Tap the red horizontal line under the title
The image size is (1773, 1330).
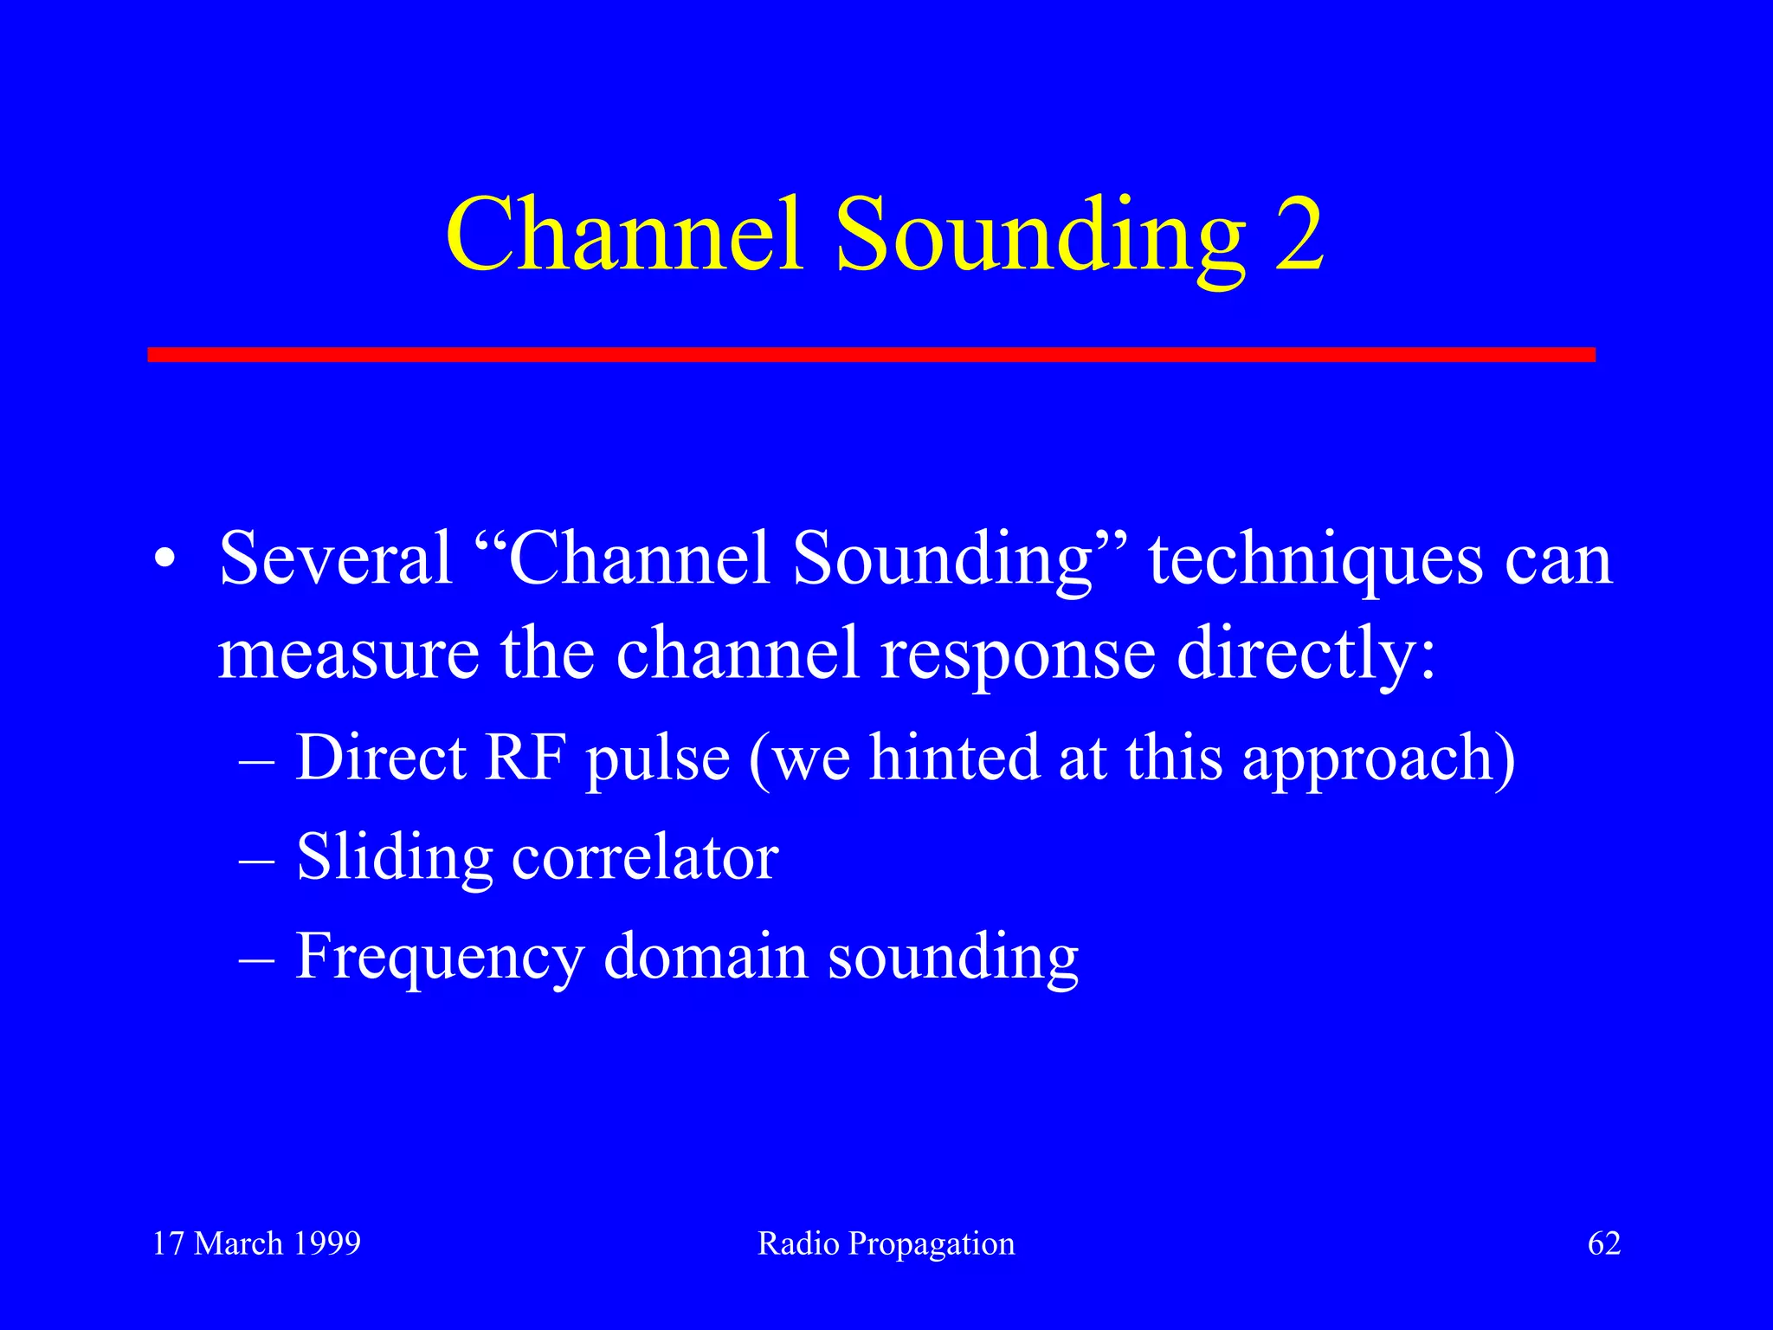point(871,354)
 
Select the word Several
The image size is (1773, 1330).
point(336,558)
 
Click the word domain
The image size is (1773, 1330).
point(705,957)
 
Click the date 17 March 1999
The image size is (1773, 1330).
point(256,1243)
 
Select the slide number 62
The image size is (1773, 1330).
point(1603,1243)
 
